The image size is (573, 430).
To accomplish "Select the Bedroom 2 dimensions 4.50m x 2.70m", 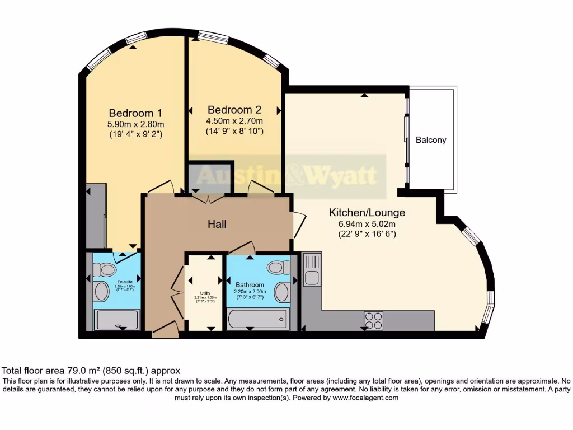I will (x=234, y=120).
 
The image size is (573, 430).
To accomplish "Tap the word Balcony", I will (x=431, y=140).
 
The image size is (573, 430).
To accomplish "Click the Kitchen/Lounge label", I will (x=367, y=213).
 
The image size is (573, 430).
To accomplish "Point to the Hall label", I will (x=217, y=224).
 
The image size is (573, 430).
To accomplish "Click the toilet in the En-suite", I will (x=104, y=269).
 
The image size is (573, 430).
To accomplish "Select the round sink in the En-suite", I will (x=101, y=291).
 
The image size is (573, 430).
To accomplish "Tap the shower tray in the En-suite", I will (x=117, y=320).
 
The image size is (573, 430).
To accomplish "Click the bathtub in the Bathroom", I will (x=258, y=320).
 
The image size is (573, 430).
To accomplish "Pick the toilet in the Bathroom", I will (x=279, y=267).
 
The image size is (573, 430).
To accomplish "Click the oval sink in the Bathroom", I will (x=281, y=291).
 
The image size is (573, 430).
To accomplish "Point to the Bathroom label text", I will (x=249, y=285).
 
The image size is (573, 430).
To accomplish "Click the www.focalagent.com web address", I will (x=365, y=398).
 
